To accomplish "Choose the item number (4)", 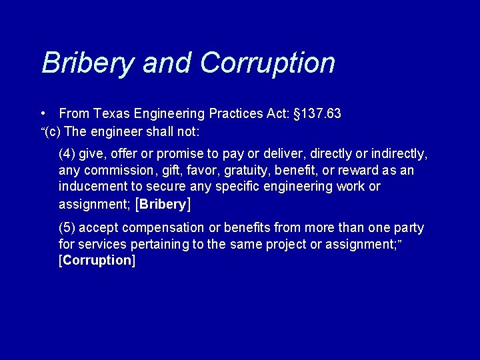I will [x=67, y=154].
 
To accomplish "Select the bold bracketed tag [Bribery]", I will [x=163, y=204].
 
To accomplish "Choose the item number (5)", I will [x=67, y=228].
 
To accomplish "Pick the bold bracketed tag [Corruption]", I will [x=97, y=261].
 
